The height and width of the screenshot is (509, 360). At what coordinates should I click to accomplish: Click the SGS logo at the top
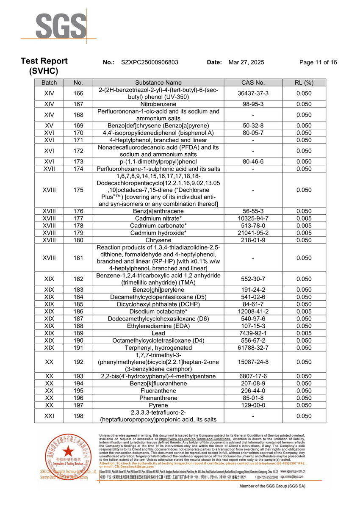pyautogui.click(x=61, y=26)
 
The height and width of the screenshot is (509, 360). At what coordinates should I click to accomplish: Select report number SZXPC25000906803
pyautogui.click(x=150, y=62)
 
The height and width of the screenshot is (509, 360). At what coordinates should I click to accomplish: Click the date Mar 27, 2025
pyautogui.click(x=246, y=62)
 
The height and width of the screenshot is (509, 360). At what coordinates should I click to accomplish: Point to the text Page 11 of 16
pyautogui.click(x=318, y=62)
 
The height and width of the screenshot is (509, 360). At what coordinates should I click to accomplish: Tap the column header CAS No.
pyautogui.click(x=253, y=83)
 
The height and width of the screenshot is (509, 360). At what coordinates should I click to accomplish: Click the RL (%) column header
pyautogui.click(x=304, y=83)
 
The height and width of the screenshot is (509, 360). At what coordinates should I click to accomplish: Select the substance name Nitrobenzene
pyautogui.click(x=158, y=104)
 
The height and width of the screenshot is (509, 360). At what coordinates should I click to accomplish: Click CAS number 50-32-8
pyautogui.click(x=253, y=126)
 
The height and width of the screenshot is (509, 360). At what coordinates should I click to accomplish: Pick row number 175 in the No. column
pyautogui.click(x=78, y=190)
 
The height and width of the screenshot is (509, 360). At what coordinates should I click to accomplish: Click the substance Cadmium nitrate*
pyautogui.click(x=158, y=219)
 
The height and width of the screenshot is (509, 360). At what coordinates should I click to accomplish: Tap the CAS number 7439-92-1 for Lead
pyautogui.click(x=253, y=333)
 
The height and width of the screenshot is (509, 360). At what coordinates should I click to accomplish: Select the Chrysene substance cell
pyautogui.click(x=158, y=240)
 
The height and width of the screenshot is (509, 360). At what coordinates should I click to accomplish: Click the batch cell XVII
pyautogui.click(x=49, y=169)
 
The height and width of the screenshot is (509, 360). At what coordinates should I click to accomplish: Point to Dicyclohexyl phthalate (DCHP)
pyautogui.click(x=158, y=304)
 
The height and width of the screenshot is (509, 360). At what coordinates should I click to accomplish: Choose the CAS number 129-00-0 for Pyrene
pyautogui.click(x=253, y=405)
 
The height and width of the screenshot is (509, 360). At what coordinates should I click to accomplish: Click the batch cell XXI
pyautogui.click(x=49, y=416)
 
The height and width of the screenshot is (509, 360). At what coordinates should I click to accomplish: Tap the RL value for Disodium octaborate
pyautogui.click(x=304, y=311)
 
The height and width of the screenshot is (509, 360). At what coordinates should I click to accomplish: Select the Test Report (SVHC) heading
pyautogui.click(x=44, y=66)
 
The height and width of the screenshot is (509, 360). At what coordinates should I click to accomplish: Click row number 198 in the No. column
pyautogui.click(x=78, y=416)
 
